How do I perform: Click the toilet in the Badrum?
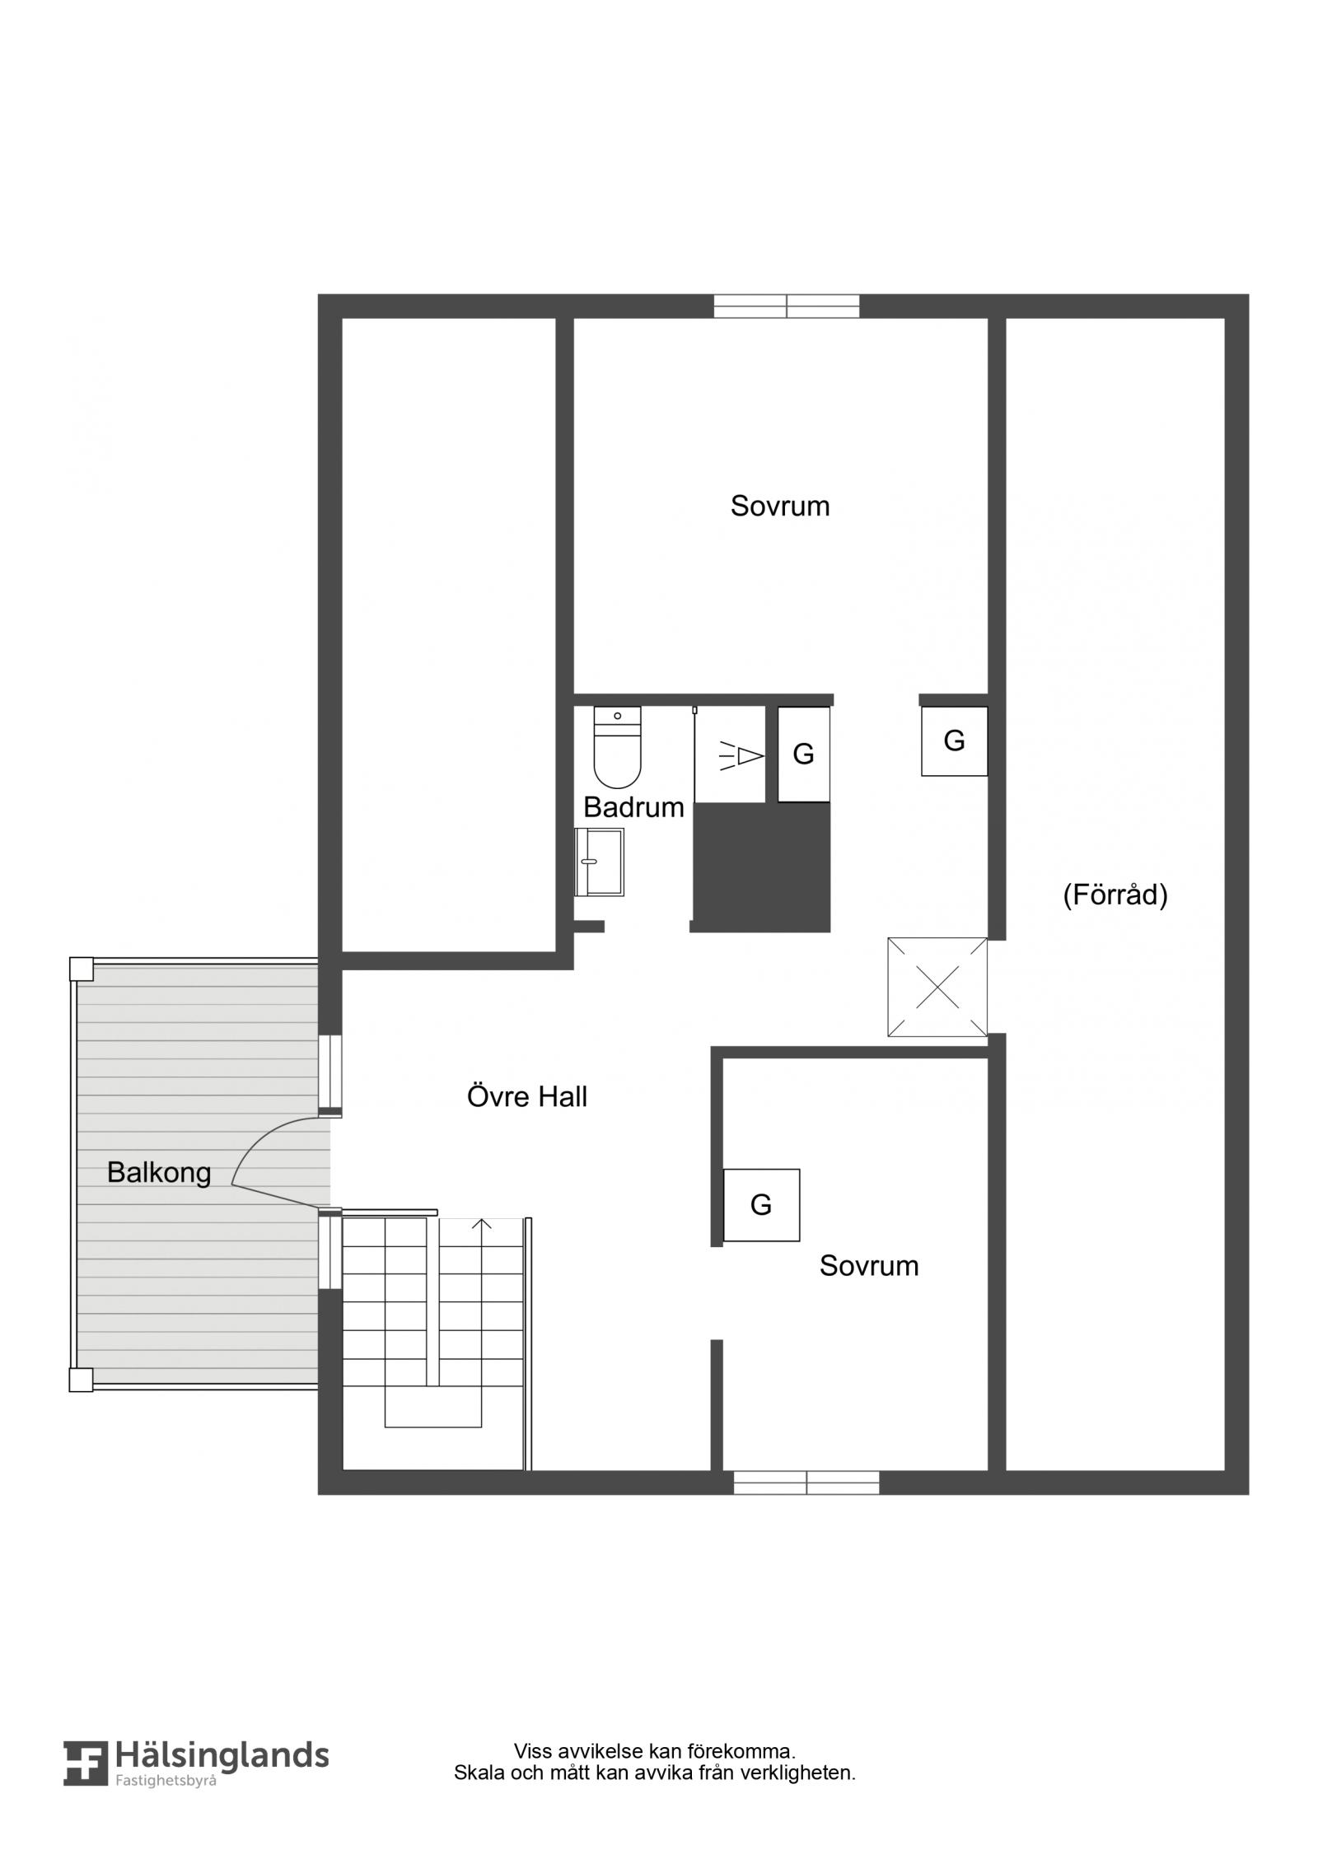tap(617, 746)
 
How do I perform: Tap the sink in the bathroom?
tap(599, 862)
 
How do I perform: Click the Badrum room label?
tap(633, 807)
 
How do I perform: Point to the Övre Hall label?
tap(527, 1096)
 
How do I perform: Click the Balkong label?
tap(159, 1172)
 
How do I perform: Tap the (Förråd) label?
tap(1115, 895)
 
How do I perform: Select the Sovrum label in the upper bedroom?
tap(780, 506)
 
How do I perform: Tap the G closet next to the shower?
tap(803, 754)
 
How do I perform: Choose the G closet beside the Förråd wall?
tap(954, 741)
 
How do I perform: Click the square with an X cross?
tap(937, 987)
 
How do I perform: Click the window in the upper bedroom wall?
tap(787, 306)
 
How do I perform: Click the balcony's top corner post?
tap(81, 969)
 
